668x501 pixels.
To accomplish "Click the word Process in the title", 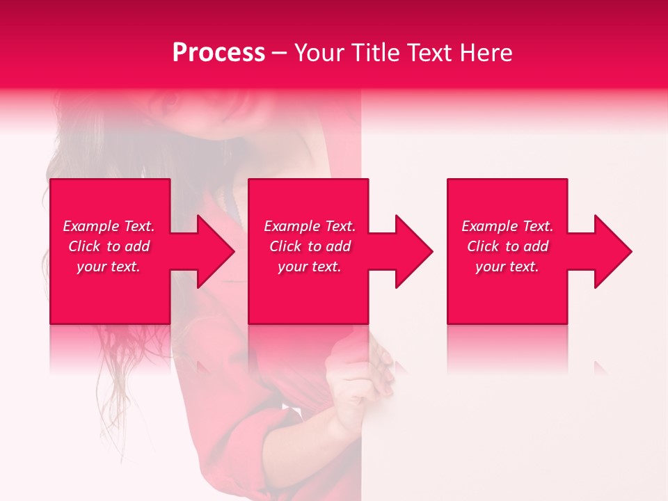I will [x=218, y=53].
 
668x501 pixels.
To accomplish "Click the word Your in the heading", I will [x=320, y=53].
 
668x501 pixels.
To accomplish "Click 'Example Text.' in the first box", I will [x=109, y=226].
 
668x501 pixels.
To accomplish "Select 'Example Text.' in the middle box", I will [x=310, y=226].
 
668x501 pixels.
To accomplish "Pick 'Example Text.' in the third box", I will [x=507, y=226].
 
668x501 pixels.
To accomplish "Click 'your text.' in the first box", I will [x=109, y=267].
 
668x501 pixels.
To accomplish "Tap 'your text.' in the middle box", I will [x=310, y=267].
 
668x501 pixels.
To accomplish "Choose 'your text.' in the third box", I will [x=507, y=267].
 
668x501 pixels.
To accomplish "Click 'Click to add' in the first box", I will [x=109, y=246].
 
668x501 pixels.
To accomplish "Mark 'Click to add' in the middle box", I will [x=310, y=246].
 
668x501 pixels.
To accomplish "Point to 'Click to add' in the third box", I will [x=507, y=246].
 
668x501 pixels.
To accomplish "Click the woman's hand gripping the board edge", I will [x=362, y=379].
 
